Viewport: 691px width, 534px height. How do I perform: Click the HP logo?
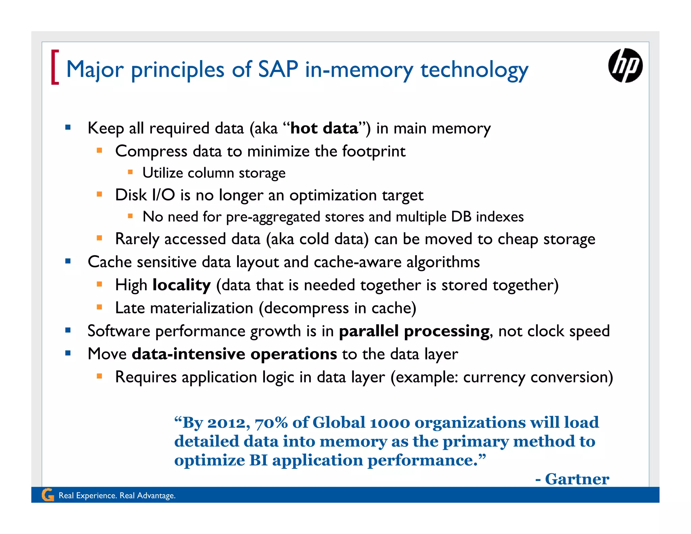(x=625, y=65)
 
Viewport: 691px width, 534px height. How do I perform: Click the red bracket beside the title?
(x=55, y=67)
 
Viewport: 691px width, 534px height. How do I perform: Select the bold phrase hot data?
(x=324, y=128)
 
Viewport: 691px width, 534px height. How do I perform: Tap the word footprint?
(x=374, y=151)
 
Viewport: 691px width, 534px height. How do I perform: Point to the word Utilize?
(x=163, y=173)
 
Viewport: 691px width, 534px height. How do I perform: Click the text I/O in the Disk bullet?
(x=163, y=195)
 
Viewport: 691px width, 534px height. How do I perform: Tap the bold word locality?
(x=182, y=285)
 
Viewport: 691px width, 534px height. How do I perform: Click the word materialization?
(x=201, y=308)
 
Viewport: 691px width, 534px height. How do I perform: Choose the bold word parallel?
(x=369, y=331)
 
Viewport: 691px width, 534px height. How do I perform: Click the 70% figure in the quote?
(x=271, y=423)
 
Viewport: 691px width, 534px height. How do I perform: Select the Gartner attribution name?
(x=577, y=479)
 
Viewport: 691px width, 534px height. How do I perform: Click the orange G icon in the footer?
(x=48, y=495)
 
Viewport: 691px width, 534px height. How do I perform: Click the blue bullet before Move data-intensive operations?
(x=68, y=353)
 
